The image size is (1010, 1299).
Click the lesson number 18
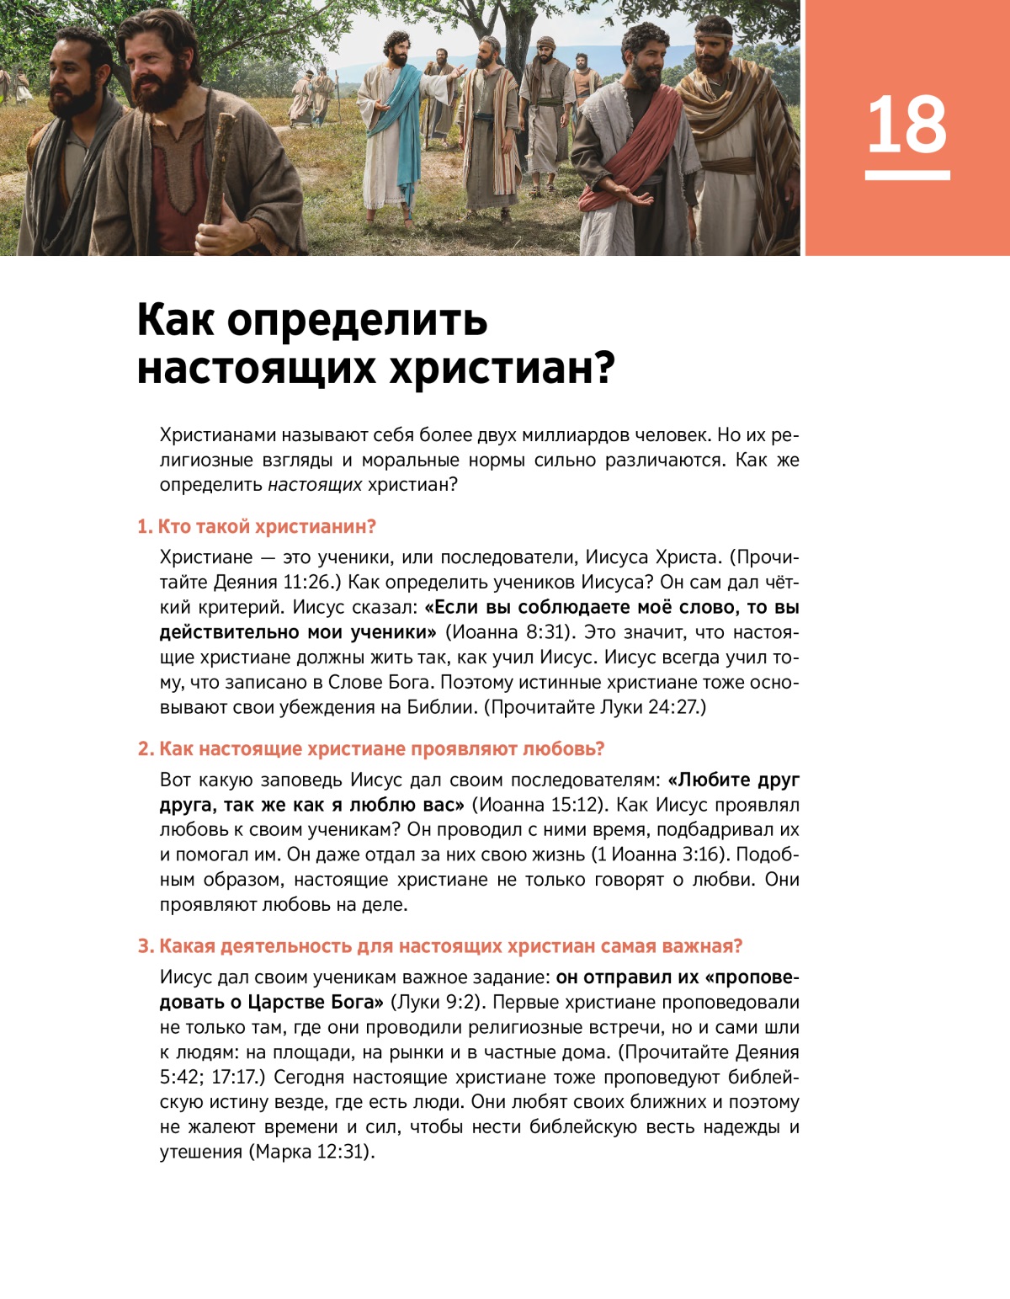click(x=907, y=125)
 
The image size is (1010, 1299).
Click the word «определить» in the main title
click(x=357, y=321)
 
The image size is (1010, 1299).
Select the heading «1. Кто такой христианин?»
click(x=257, y=527)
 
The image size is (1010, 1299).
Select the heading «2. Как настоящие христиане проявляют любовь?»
click(x=371, y=749)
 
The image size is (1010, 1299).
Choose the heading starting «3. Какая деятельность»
click(x=440, y=946)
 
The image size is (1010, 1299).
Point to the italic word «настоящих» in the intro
click(x=315, y=485)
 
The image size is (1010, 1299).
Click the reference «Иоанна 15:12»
click(x=537, y=805)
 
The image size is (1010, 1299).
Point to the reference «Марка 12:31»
click(x=311, y=1152)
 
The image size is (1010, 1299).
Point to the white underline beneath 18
click(x=907, y=175)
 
